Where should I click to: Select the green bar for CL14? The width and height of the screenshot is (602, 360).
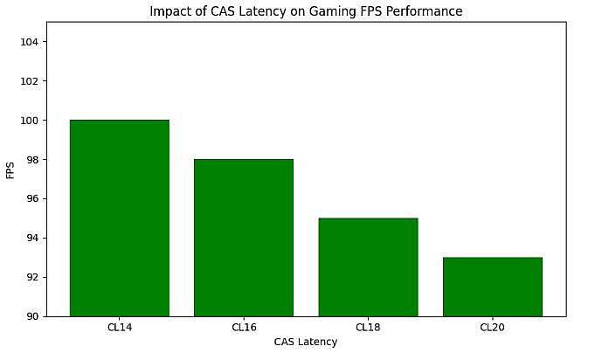pos(119,218)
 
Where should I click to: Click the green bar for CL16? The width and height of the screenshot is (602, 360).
pos(244,238)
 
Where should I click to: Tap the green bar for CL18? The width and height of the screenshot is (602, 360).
pos(368,267)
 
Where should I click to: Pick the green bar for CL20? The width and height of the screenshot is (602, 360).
pos(492,287)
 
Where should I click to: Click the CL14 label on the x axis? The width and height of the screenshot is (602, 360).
pos(119,328)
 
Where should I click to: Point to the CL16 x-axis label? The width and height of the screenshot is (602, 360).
pos(244,328)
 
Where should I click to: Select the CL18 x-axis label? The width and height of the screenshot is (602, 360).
pos(368,328)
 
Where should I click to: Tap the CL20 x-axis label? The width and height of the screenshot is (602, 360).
pos(492,328)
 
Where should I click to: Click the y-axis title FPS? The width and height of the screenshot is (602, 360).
pos(10,170)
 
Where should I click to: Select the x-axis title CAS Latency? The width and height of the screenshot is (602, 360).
pos(305,343)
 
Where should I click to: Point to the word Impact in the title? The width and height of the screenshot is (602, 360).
pos(168,12)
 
